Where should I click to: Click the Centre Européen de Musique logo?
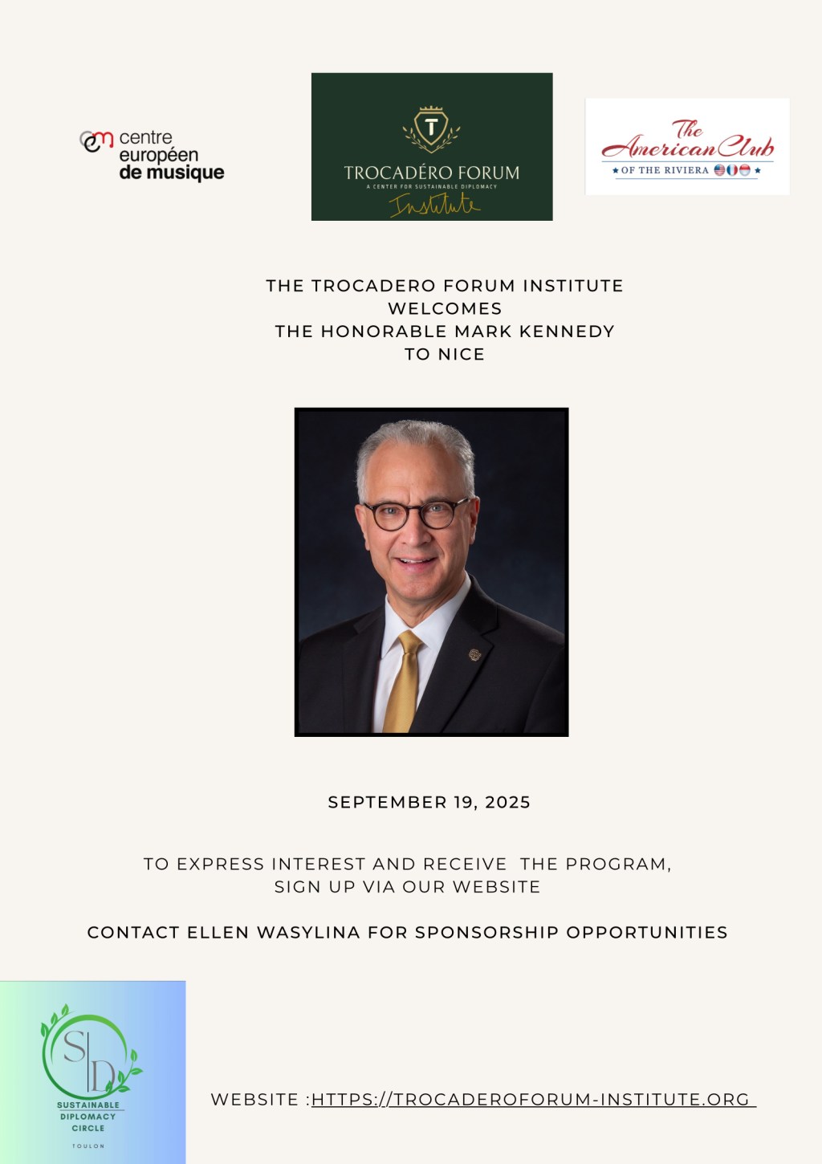point(153,155)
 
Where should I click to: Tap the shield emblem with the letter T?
point(432,128)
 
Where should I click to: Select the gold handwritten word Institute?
point(434,206)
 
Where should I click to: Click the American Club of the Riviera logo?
point(687,146)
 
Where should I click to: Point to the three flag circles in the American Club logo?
point(732,170)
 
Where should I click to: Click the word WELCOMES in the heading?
point(445,308)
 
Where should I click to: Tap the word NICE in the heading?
point(462,354)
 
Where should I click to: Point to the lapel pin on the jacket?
point(474,655)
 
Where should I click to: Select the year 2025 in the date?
point(507,802)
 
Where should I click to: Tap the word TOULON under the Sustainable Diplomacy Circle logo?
point(88,1146)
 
